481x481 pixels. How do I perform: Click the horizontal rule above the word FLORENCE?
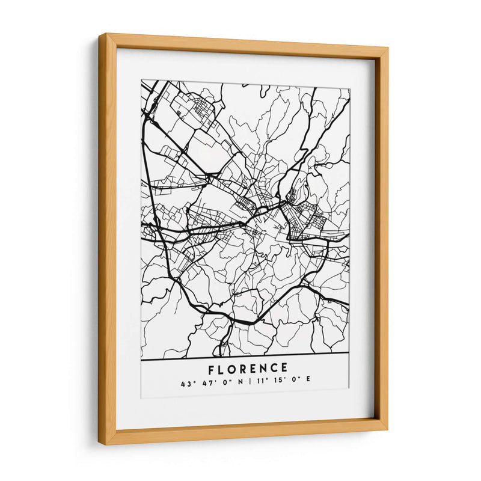[x=245, y=360]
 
